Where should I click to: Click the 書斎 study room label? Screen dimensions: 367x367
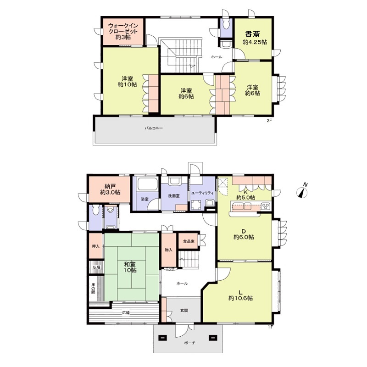(x=253, y=34)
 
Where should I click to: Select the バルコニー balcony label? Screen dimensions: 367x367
(x=154, y=128)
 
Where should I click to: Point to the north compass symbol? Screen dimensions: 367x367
(x=302, y=191)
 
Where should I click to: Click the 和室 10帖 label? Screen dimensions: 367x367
(x=130, y=267)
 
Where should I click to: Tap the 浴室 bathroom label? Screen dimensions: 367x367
(x=145, y=200)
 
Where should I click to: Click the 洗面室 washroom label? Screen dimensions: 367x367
(x=174, y=196)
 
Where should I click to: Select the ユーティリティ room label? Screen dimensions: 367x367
(x=203, y=193)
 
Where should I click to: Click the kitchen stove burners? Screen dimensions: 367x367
(x=266, y=206)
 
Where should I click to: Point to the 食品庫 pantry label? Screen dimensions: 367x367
(x=189, y=241)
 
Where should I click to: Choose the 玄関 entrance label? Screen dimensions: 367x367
(x=184, y=311)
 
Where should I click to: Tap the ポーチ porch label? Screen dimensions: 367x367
(x=189, y=343)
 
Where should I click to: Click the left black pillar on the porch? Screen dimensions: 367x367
(x=163, y=338)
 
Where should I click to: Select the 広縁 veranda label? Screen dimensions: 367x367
(x=126, y=312)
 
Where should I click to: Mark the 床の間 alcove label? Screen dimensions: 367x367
(x=93, y=289)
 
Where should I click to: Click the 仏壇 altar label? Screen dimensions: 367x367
(x=97, y=267)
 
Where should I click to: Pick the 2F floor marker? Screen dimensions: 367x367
(x=269, y=121)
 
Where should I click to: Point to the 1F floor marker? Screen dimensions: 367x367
(x=270, y=327)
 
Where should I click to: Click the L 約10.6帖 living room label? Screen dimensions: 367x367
(x=240, y=295)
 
